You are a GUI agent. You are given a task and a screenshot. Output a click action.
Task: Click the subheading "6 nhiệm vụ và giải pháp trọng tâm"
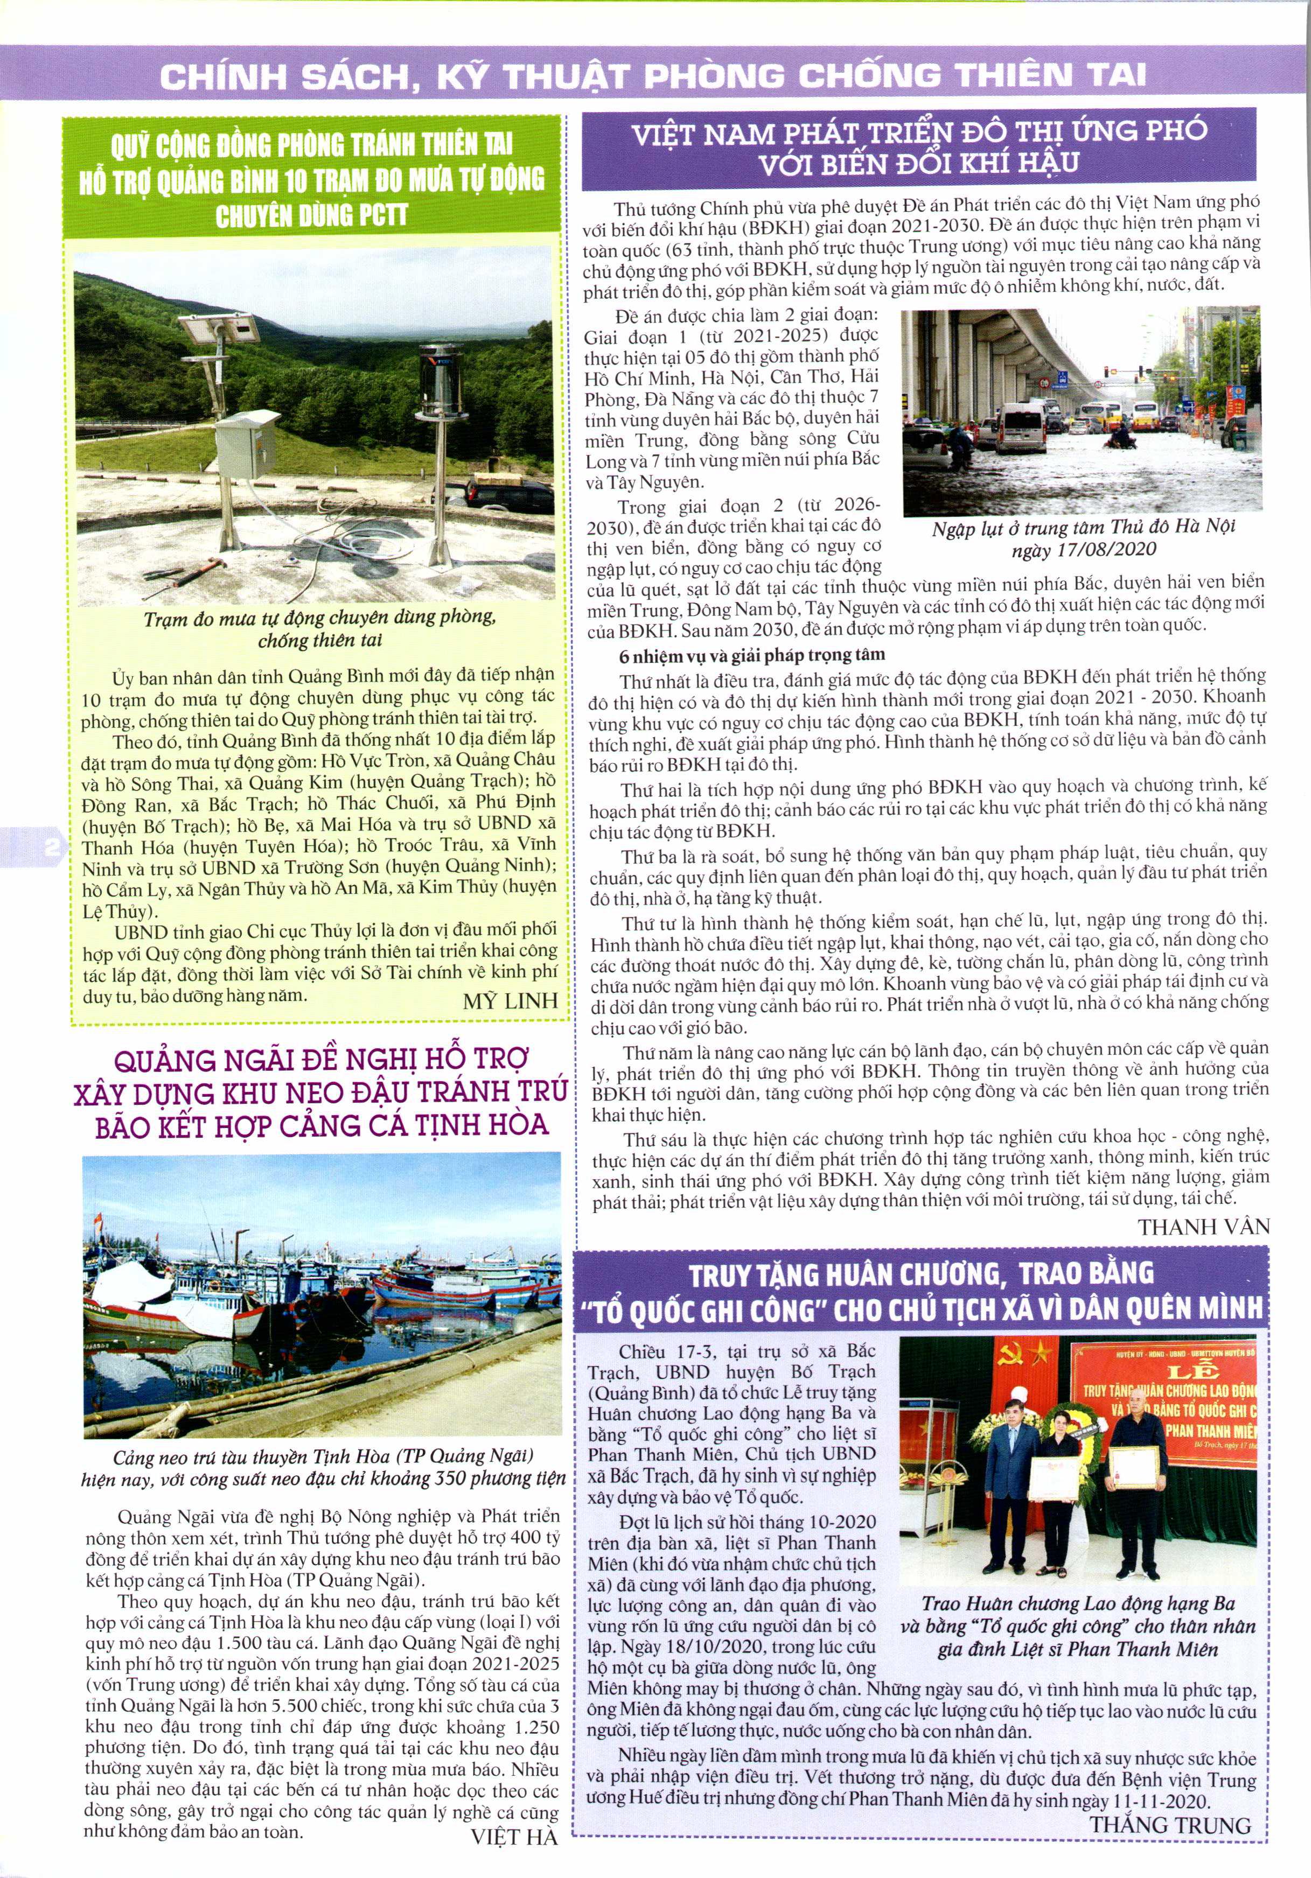coord(751,655)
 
